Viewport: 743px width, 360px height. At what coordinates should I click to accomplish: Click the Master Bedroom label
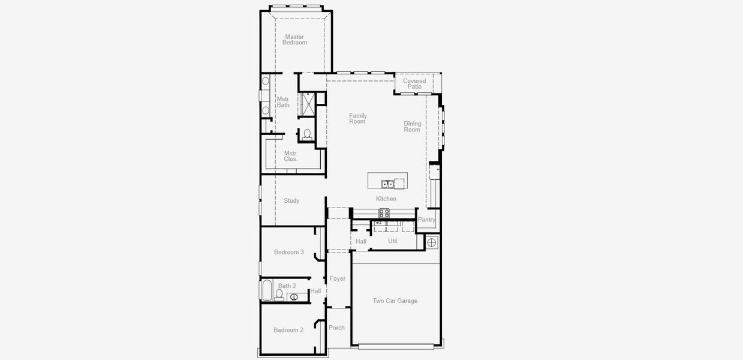(x=294, y=40)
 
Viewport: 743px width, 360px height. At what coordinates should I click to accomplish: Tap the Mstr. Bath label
(x=283, y=102)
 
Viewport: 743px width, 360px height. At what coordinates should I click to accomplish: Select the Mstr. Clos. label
(x=291, y=156)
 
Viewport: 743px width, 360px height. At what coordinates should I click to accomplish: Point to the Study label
(x=291, y=200)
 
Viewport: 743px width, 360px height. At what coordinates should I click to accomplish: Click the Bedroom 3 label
(x=289, y=252)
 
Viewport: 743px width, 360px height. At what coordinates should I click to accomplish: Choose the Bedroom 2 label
(x=288, y=330)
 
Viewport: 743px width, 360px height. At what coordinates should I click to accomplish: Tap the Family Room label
(x=358, y=119)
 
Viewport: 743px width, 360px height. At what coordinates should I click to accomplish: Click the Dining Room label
(x=413, y=127)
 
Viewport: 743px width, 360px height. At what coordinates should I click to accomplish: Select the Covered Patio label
(x=414, y=83)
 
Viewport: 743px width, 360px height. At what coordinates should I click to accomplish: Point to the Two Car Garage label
(x=395, y=301)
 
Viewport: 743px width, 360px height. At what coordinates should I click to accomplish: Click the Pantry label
(x=427, y=220)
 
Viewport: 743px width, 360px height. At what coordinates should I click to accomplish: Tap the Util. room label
(x=393, y=241)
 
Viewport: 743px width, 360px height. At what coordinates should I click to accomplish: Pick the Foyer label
(x=338, y=278)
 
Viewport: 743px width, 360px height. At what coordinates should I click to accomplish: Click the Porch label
(x=337, y=328)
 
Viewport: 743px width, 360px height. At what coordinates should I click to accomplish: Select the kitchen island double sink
(x=388, y=184)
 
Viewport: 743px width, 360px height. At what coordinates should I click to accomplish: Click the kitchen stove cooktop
(x=384, y=213)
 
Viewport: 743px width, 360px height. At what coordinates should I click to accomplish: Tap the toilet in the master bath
(x=307, y=134)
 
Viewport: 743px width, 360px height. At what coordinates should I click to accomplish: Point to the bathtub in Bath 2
(x=266, y=290)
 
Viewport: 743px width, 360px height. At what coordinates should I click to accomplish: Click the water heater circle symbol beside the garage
(x=432, y=242)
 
